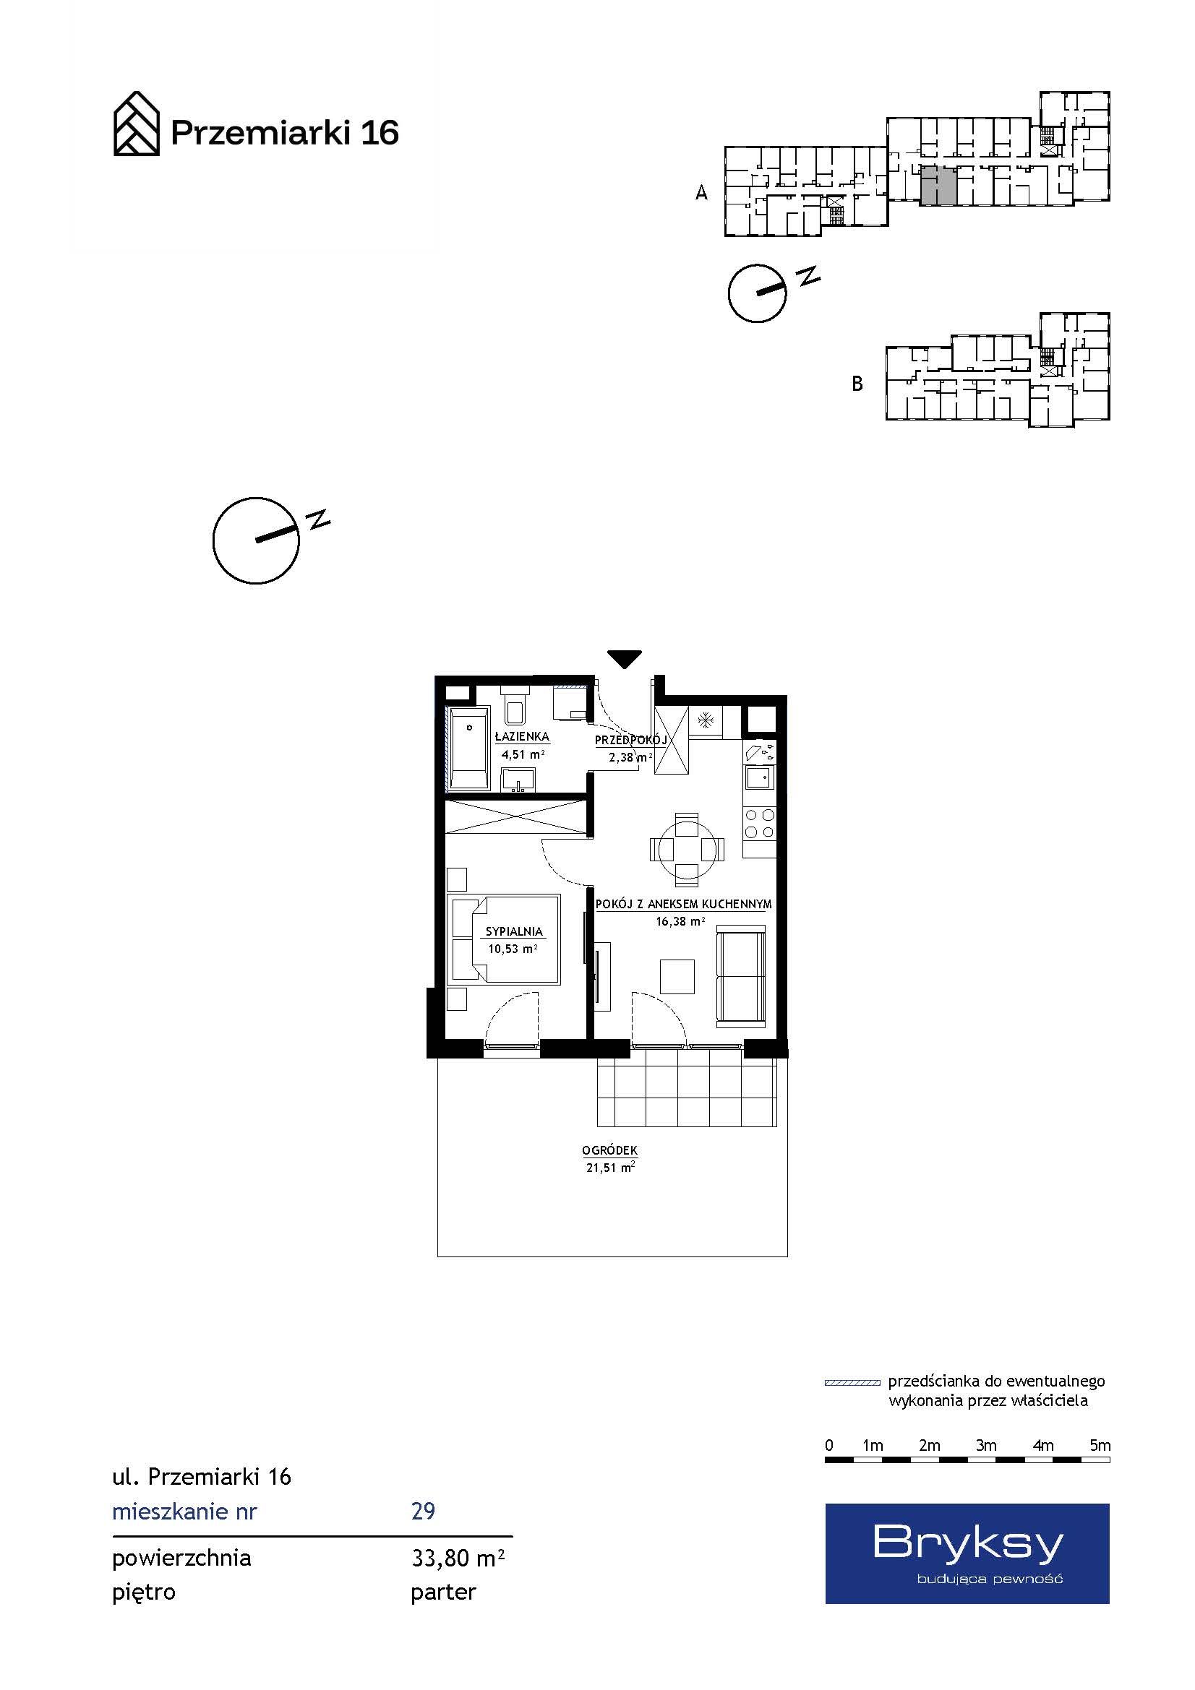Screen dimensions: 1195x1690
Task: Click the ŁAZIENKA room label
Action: coord(521,736)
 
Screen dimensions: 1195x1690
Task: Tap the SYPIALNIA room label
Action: coord(514,931)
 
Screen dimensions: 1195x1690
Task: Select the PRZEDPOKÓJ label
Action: coord(630,740)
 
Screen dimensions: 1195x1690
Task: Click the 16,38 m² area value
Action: coord(680,921)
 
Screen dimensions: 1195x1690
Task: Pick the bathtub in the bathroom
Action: coord(469,749)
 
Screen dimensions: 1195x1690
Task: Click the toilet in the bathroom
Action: coord(515,705)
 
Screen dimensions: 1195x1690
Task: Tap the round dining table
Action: coord(687,850)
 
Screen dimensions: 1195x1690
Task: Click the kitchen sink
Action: coord(758,776)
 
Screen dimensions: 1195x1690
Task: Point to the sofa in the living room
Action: coord(742,976)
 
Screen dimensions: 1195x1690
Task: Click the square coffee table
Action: coord(677,976)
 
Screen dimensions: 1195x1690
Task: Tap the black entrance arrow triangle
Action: coord(625,659)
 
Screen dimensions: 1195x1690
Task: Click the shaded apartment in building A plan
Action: coord(939,186)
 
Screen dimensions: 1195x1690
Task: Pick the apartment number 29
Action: coord(424,1512)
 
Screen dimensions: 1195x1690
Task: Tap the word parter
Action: coord(444,1593)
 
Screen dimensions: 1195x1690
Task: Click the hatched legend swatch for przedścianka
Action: coord(852,1383)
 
